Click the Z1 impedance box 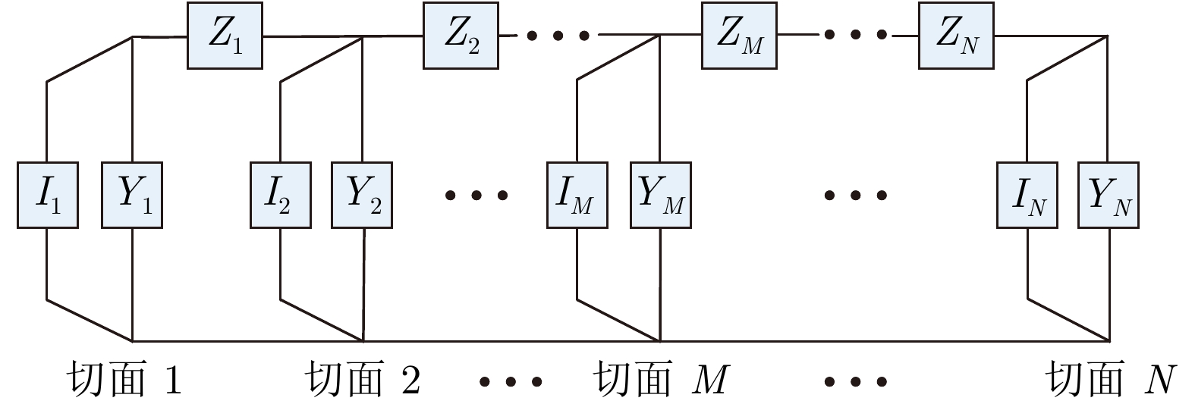click(x=225, y=36)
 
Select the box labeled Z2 click(x=461, y=36)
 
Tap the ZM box click(x=739, y=36)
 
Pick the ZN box click(x=956, y=36)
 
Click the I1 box click(x=48, y=195)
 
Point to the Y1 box click(x=132, y=195)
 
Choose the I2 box click(x=281, y=195)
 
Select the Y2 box click(x=362, y=195)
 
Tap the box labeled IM click(x=577, y=195)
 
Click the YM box click(x=660, y=195)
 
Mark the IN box click(x=1027, y=195)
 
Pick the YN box click(x=1109, y=195)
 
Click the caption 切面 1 click(x=124, y=379)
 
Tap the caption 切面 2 click(x=362, y=379)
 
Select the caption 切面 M click(x=660, y=379)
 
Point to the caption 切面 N click(x=1111, y=379)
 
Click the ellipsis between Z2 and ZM click(x=558, y=36)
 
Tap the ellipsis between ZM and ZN click(x=856, y=35)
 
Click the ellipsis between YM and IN click(x=856, y=196)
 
